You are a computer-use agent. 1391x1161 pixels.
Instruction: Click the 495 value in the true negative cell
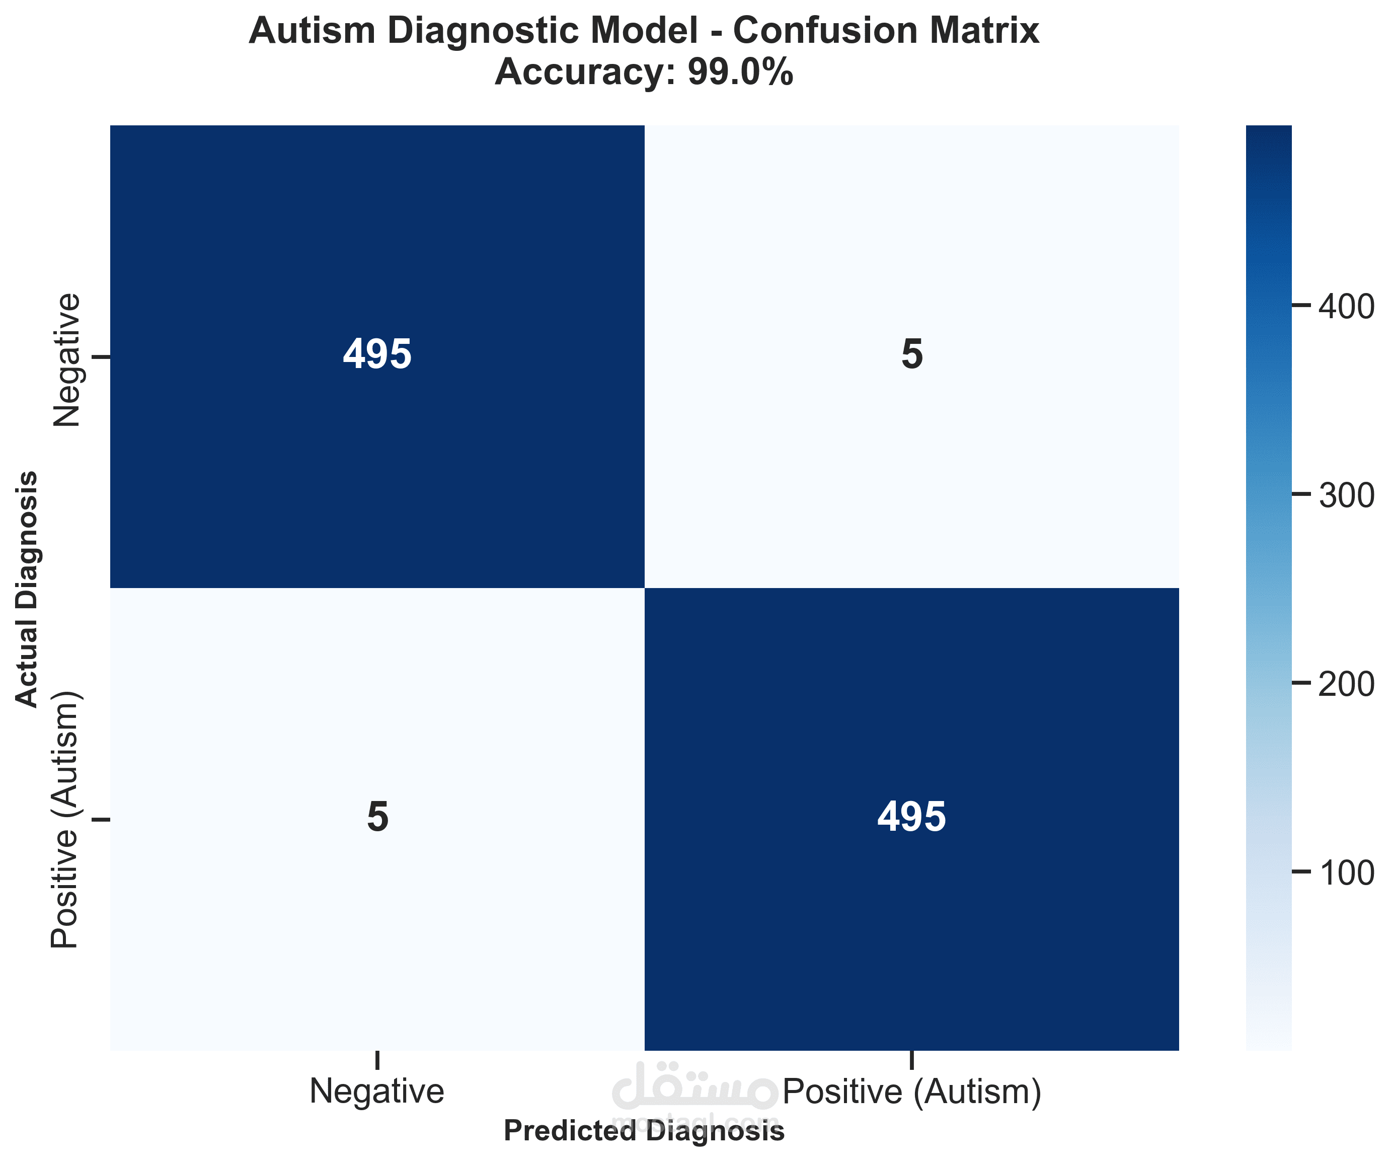pos(377,354)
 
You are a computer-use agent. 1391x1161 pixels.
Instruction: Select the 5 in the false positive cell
pos(911,354)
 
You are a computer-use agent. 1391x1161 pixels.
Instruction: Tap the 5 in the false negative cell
pos(377,817)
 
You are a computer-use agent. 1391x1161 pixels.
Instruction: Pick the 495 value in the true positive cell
pos(911,817)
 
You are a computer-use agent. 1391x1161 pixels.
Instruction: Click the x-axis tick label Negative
pos(376,1091)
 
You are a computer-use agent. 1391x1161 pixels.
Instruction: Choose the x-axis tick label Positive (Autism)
pos(912,1091)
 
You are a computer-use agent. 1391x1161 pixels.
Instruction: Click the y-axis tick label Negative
pos(66,360)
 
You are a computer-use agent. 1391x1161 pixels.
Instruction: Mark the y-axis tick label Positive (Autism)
pos(66,820)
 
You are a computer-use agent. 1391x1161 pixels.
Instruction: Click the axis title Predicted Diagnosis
pos(644,1130)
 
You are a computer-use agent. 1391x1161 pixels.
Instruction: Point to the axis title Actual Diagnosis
pos(27,589)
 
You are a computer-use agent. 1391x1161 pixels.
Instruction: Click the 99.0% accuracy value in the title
pos(740,71)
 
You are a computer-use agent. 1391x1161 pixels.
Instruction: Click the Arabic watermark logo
pos(695,1087)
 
